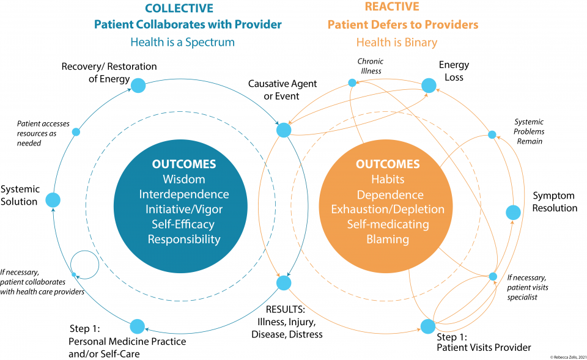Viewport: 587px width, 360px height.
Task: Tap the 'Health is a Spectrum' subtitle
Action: tap(182, 42)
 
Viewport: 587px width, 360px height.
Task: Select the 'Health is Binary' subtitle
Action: tap(397, 42)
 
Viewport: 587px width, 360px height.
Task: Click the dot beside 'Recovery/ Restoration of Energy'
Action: tap(138, 85)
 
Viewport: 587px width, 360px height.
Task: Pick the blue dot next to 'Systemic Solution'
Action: tap(53, 200)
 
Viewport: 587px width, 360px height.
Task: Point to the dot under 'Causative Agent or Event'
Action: tap(284, 130)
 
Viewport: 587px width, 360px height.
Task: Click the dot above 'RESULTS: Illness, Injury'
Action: tap(284, 283)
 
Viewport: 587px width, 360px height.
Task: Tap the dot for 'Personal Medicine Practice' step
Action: tap(138, 326)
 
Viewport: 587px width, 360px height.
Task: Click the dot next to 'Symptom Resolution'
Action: tap(513, 212)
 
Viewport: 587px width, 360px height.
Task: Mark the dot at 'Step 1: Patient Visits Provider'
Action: tap(427, 326)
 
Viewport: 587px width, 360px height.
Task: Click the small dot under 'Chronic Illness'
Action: tap(352, 83)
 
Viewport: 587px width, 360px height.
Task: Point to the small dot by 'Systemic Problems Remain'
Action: tap(492, 134)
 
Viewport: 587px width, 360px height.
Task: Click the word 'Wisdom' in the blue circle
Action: tap(183, 180)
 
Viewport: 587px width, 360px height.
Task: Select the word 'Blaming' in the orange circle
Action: tap(388, 239)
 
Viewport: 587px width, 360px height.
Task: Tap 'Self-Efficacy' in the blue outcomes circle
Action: tap(183, 224)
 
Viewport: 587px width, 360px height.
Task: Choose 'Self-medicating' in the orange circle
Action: tap(388, 224)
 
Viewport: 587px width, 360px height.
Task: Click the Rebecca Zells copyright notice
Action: tap(559, 356)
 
